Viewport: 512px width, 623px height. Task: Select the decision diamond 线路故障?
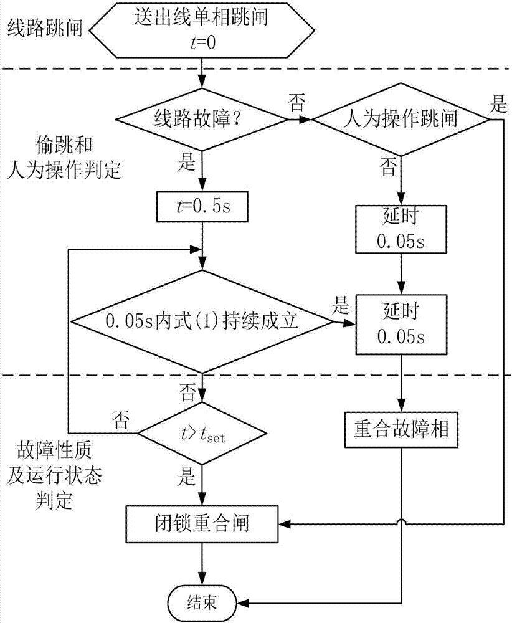pyautogui.click(x=201, y=117)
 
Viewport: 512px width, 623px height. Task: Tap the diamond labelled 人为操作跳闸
pyautogui.click(x=401, y=117)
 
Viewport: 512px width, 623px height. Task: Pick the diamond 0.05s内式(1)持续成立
pyautogui.click(x=201, y=321)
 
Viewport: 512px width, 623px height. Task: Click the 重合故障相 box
pyautogui.click(x=401, y=430)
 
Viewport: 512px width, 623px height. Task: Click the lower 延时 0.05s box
pyautogui.click(x=401, y=321)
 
